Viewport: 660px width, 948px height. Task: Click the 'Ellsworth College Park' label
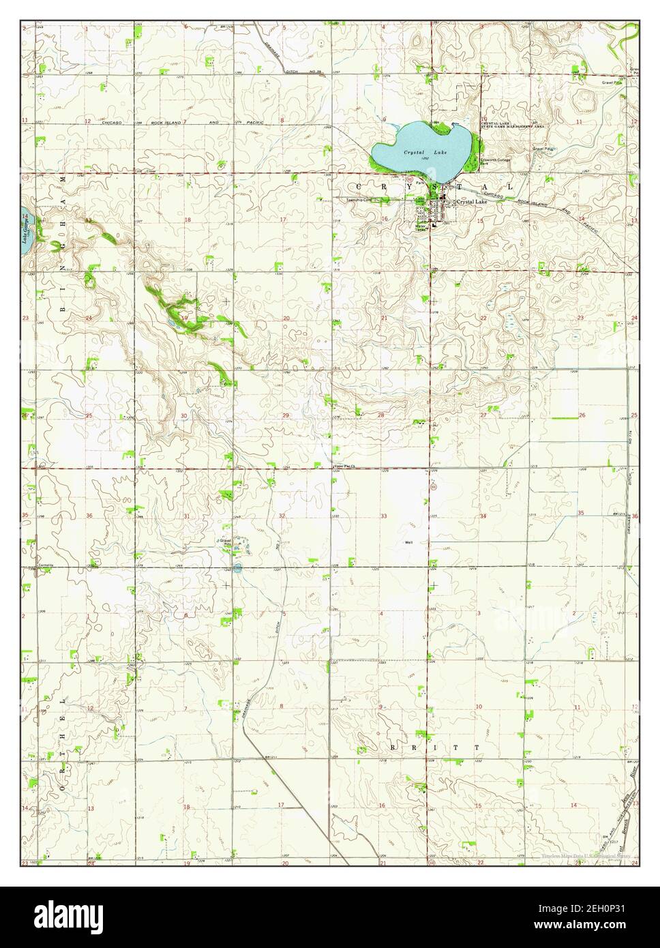(495, 162)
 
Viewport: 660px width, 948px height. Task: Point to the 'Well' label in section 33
(409, 543)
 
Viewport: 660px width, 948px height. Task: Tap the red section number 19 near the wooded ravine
(185, 318)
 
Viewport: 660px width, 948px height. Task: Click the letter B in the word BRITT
(393, 747)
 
